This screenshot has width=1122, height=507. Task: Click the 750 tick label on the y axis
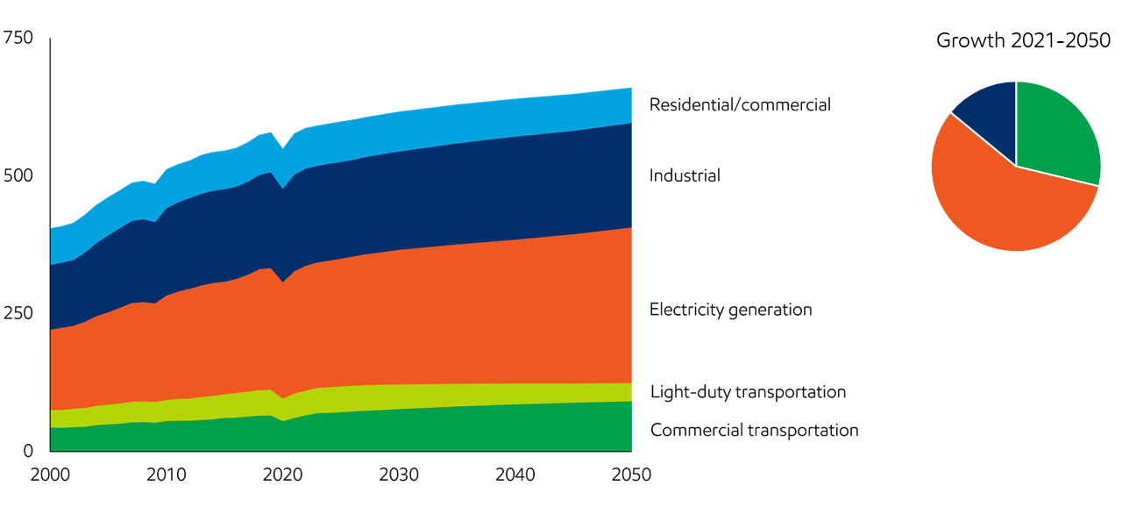(x=18, y=39)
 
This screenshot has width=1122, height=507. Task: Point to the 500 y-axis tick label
(x=18, y=176)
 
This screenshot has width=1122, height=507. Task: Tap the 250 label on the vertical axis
(x=18, y=314)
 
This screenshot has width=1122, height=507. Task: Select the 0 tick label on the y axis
(x=26, y=451)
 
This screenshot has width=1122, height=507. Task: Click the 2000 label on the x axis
(x=51, y=475)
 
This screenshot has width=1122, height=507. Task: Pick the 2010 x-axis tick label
(x=167, y=475)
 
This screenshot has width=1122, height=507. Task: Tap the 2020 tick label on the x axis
(x=282, y=475)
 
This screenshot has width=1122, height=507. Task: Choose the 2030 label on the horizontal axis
(x=399, y=475)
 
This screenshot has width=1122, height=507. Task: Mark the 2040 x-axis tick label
(x=515, y=475)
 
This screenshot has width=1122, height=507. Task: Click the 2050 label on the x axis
(x=630, y=475)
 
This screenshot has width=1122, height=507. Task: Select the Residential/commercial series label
(x=740, y=104)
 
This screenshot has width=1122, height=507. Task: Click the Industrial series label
(x=685, y=175)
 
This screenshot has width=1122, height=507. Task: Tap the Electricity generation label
(x=730, y=310)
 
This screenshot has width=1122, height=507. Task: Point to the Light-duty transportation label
(x=748, y=392)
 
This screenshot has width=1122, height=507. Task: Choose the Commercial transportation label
(x=754, y=430)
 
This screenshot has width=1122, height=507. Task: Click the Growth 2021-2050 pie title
(x=1023, y=40)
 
